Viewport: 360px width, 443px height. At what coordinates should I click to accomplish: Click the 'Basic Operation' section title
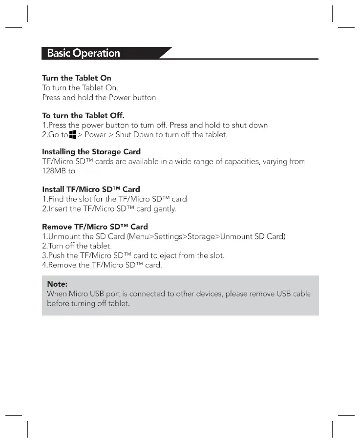point(84,53)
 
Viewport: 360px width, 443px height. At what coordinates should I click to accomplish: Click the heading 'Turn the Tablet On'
point(77,78)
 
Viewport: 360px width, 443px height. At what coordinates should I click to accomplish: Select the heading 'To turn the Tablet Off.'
point(83,116)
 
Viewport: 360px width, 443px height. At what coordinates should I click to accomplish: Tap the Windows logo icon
point(73,134)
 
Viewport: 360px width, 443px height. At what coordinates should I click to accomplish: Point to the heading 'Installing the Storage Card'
point(91,152)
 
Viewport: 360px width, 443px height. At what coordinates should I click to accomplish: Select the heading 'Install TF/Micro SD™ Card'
point(91,190)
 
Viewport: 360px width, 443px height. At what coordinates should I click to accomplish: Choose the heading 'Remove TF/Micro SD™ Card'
point(95,227)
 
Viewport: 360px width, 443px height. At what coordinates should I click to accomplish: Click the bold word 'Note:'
point(57,284)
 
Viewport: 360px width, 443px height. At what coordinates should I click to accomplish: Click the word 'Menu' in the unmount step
point(138,237)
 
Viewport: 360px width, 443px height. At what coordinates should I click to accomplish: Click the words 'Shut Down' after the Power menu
point(134,135)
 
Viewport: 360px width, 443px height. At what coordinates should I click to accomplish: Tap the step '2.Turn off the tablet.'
point(77,246)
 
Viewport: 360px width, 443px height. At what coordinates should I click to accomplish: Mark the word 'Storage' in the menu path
point(202,237)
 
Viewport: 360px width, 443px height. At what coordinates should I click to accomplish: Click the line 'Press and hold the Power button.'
point(100,97)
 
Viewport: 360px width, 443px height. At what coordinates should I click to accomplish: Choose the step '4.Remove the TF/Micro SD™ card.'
point(102,265)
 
